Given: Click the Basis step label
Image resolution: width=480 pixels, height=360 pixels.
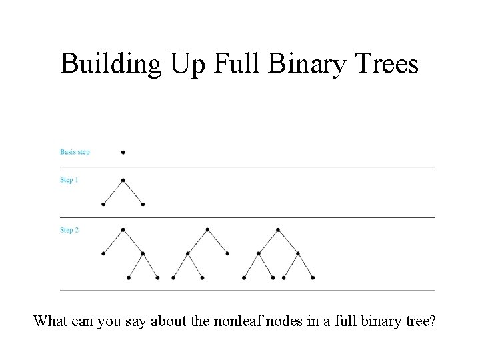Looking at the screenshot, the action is (x=75, y=152).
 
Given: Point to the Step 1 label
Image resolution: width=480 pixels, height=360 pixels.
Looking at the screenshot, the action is (x=69, y=180).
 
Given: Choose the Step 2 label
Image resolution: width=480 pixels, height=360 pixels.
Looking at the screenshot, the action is (x=69, y=230).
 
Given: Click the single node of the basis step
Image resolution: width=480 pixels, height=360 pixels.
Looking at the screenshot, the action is (x=123, y=152).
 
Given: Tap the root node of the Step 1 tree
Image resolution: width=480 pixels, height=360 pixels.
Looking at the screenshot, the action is (x=123, y=180).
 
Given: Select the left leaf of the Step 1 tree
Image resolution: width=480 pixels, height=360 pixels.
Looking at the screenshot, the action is (x=103, y=204).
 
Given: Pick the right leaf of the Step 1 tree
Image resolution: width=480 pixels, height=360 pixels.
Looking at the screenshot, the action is (x=143, y=204).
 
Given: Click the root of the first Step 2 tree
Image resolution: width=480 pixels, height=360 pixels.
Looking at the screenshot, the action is (x=123, y=230).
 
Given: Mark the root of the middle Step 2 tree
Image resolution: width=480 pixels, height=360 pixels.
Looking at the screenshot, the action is (x=207, y=230).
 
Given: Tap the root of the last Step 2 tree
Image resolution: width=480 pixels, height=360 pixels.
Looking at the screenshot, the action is (x=278, y=230).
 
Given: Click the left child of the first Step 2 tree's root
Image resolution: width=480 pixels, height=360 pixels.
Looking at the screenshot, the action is (x=103, y=253).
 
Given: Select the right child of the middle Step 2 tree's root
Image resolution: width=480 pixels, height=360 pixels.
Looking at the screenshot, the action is (x=227, y=253).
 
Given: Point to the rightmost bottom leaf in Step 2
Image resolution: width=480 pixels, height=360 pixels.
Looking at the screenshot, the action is (x=313, y=277).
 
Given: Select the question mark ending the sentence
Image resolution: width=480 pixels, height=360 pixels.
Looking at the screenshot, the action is (x=434, y=322).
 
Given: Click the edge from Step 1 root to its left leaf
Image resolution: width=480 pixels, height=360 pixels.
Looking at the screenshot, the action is (x=113, y=192).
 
